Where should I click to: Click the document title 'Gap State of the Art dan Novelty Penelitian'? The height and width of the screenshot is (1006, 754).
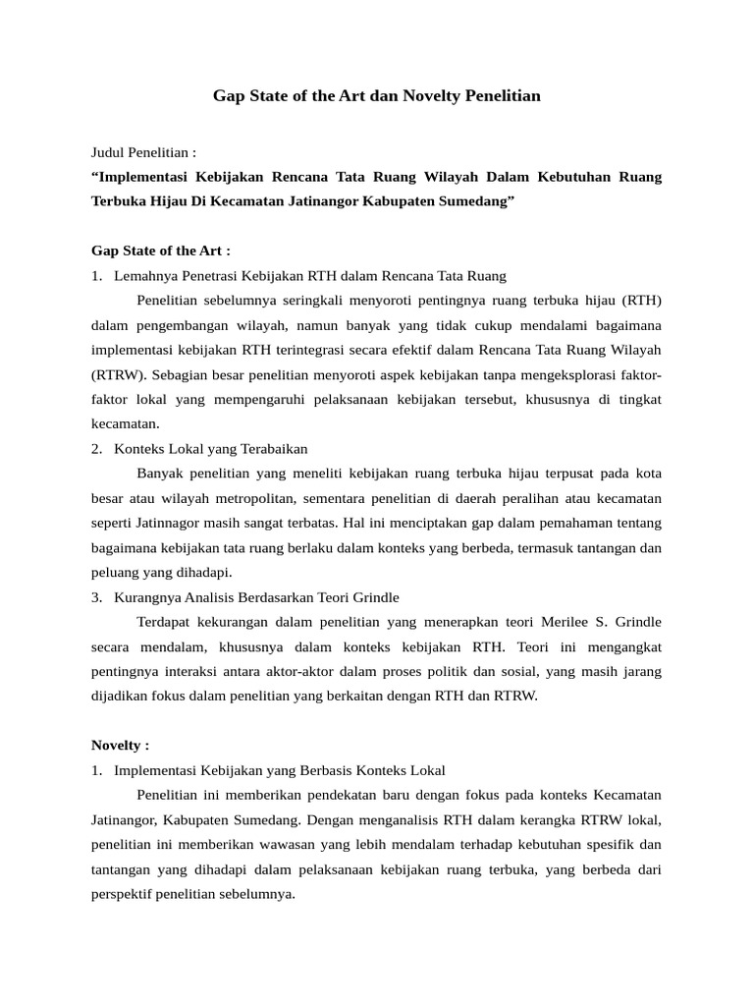point(377,96)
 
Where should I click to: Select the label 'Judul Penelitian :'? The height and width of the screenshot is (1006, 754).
point(143,152)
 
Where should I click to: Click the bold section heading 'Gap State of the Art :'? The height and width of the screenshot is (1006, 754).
point(160,251)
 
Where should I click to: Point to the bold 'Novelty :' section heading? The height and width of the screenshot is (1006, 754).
point(121,745)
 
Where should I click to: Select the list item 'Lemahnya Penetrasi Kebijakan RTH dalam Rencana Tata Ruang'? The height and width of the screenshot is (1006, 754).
point(310,276)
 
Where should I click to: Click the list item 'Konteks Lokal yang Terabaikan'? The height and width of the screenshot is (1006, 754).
point(211,449)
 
